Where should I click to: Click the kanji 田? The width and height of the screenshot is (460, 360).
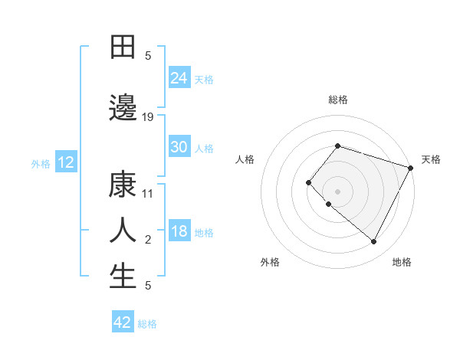[123, 47]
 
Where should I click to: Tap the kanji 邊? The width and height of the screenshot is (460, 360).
[123, 109]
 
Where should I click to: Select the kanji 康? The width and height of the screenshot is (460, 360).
[123, 185]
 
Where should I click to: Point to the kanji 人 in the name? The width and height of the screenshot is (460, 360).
[123, 230]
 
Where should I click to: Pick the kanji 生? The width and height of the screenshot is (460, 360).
[123, 277]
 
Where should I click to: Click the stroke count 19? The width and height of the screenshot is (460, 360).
[149, 117]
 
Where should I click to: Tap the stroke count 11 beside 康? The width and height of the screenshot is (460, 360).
[149, 194]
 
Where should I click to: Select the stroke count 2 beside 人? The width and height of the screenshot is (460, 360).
[148, 240]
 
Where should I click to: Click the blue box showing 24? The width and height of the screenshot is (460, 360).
[179, 77]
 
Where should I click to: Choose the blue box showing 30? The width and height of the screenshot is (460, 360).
[179, 147]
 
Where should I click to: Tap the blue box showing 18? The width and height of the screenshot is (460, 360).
[179, 231]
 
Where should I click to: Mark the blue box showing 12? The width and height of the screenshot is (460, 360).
[65, 162]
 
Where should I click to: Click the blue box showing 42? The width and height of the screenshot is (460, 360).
[123, 322]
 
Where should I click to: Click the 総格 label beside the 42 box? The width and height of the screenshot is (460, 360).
[147, 324]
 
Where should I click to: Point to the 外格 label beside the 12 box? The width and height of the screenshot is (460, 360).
[41, 163]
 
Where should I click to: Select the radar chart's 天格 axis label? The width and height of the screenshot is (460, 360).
[431, 159]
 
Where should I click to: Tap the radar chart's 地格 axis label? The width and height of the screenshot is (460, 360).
[402, 262]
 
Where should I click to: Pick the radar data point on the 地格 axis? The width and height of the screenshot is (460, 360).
[374, 242]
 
